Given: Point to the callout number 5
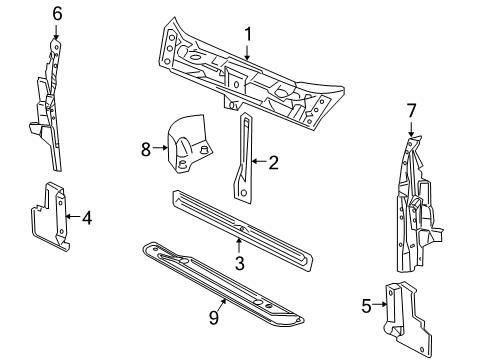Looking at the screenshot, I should tap(366, 305).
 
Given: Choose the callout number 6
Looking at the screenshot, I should tap(57, 13).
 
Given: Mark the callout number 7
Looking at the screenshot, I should tap(410, 109).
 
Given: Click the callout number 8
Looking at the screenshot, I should tap(145, 149).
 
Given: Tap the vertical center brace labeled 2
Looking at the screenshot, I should tap(243, 160).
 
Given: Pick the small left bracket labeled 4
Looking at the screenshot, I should tap(50, 215).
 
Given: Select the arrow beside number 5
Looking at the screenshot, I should tap(378, 305).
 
